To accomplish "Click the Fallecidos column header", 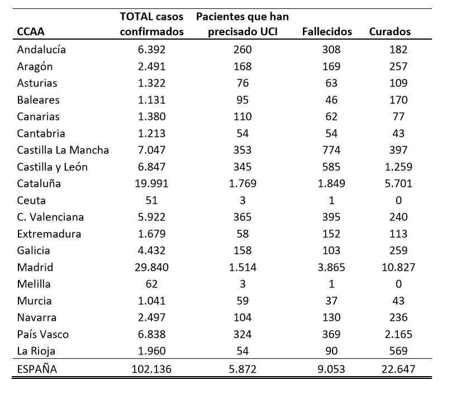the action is tap(327, 32).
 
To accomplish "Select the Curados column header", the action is tap(390, 32).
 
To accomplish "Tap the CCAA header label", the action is tap(31, 32).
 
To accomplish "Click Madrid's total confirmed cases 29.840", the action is tap(151, 267).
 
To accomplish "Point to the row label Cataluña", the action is tap(39, 184).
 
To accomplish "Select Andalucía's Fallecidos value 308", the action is tap(331, 50).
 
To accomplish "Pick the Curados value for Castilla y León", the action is tap(398, 167).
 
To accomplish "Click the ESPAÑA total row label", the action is tap(37, 369).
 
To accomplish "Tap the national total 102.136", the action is tap(151, 369).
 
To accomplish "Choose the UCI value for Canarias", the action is tap(243, 117).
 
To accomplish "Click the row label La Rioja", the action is tap(36, 351).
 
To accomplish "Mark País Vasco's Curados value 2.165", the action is tap(398, 334).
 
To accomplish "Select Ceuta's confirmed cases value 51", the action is tap(151, 200).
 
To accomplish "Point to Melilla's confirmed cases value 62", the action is tap(151, 284).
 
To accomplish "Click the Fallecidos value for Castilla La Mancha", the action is tap(331, 150).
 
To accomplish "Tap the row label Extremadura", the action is tap(49, 234).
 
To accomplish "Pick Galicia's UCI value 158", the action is tap(243, 251).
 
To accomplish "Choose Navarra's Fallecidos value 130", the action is tap(331, 318).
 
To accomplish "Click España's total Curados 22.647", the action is tap(398, 369).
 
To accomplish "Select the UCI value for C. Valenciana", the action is tap(243, 217).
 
